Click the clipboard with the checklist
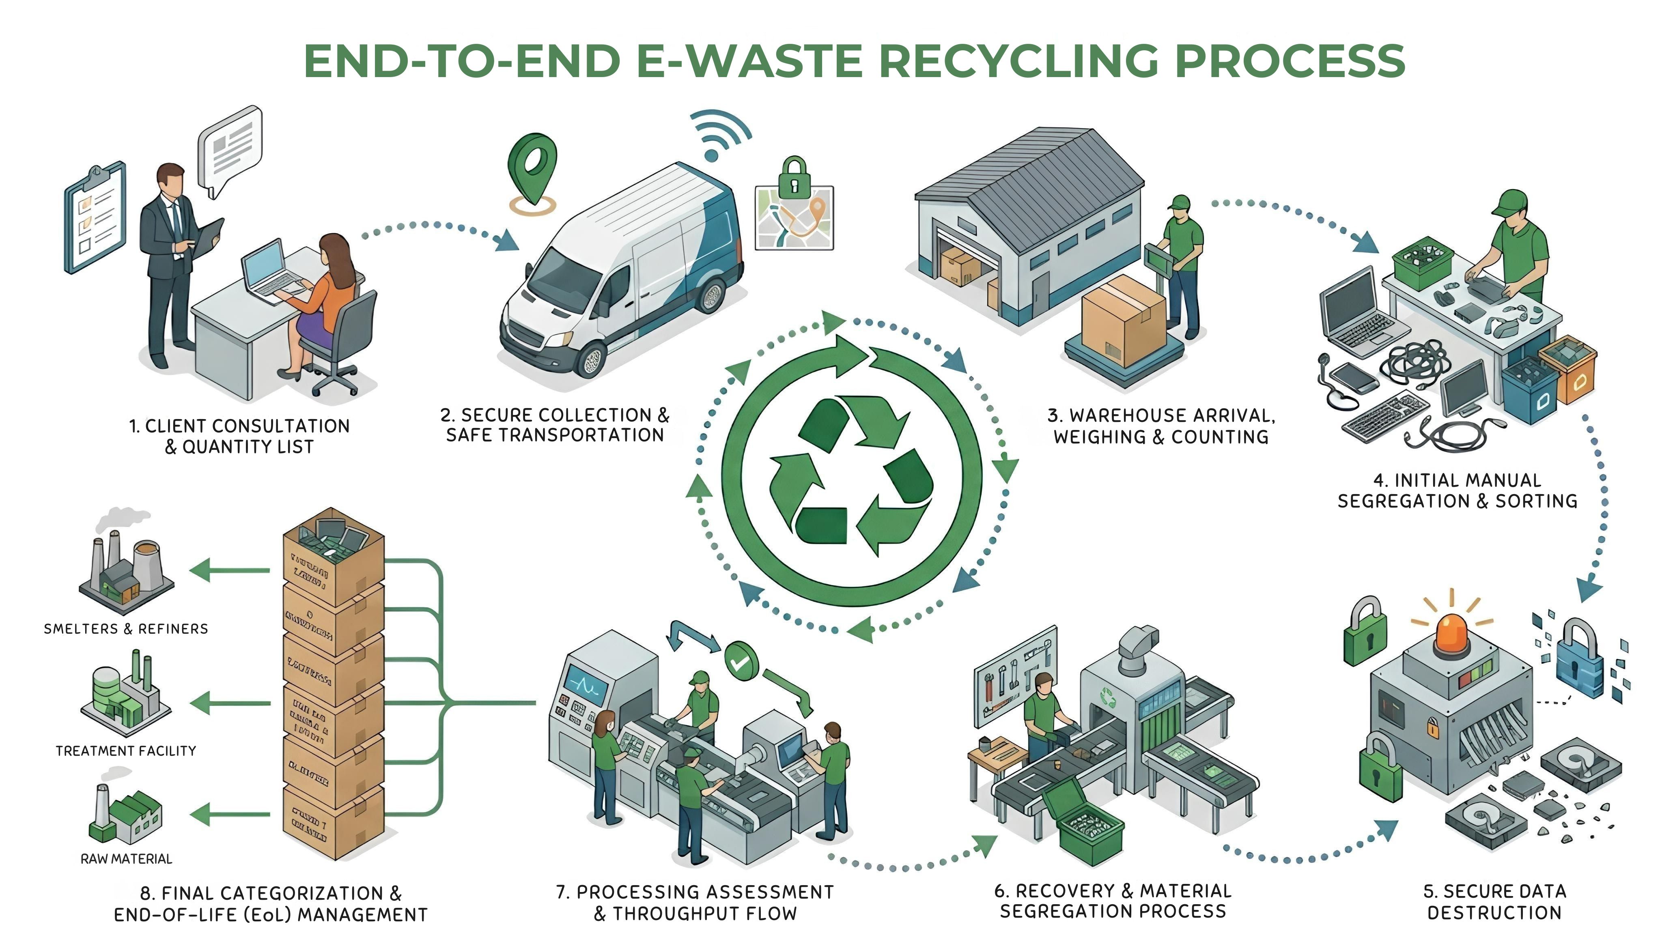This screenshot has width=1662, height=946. [95, 218]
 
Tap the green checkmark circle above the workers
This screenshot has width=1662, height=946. [741, 661]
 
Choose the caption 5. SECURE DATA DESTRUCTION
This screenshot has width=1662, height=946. [1494, 902]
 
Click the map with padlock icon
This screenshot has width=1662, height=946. [794, 211]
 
